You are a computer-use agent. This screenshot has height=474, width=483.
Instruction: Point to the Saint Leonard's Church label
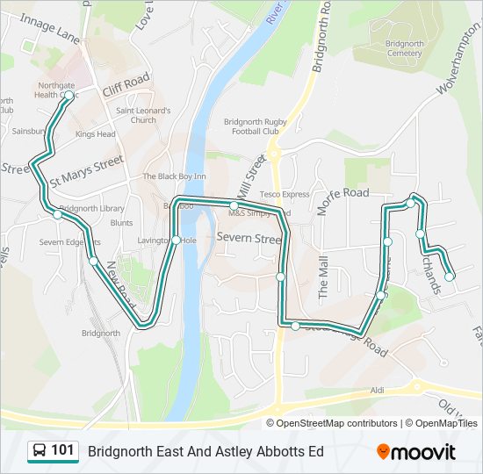pyautogui.click(x=143, y=115)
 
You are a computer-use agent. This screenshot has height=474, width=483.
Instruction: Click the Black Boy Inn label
pyautogui.click(x=175, y=176)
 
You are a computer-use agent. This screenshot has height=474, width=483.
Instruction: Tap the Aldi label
pyautogui.click(x=378, y=389)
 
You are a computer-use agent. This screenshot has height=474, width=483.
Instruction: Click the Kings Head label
pyautogui.click(x=95, y=134)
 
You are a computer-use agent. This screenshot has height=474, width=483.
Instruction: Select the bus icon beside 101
pyautogui.click(x=40, y=451)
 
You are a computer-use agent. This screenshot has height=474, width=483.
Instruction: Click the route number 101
pyautogui.click(x=62, y=450)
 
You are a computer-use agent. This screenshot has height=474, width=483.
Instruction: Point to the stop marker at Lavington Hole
pyautogui.click(x=176, y=241)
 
